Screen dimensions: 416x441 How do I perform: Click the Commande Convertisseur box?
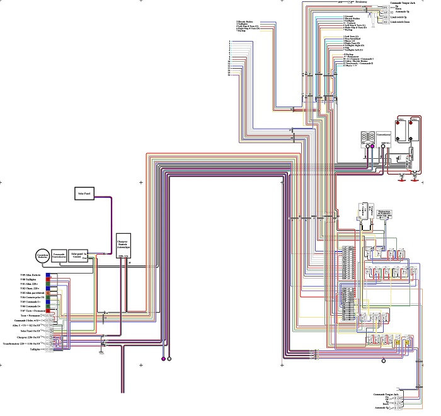coord(59,255)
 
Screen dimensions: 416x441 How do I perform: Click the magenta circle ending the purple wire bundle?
coord(163,359)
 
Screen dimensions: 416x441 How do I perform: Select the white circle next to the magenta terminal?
coord(169,359)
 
